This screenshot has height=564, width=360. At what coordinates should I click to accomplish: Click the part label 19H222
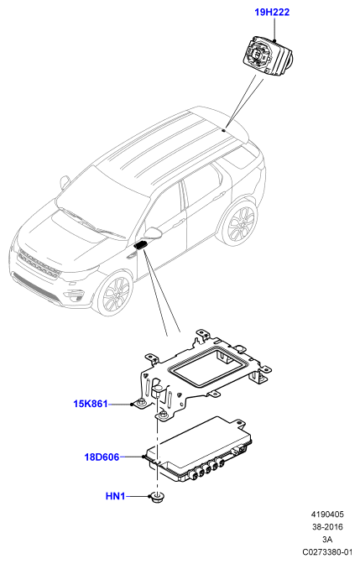[x=272, y=13]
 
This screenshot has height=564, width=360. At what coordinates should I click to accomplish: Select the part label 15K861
[x=91, y=404]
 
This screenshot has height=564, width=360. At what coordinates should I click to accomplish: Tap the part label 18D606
[x=102, y=457]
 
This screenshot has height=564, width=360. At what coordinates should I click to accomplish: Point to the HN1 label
[x=115, y=496]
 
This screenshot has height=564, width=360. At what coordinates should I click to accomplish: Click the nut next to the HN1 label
[x=156, y=497]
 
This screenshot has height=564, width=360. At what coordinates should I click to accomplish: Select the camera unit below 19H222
[x=268, y=55]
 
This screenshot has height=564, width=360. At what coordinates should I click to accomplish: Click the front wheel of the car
[x=115, y=294]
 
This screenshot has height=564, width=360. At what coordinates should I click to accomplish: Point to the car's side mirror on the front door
[x=154, y=232]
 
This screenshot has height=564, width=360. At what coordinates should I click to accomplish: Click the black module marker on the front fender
[x=140, y=245]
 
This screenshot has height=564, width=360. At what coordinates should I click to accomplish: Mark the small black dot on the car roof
[x=223, y=130]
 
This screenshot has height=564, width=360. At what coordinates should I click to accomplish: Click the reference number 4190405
[x=327, y=514]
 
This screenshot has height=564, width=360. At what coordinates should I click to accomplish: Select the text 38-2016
[x=327, y=527]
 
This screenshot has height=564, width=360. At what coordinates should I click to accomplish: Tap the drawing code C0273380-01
[x=327, y=551]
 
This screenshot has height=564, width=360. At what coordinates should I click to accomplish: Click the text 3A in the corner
[x=327, y=540]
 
